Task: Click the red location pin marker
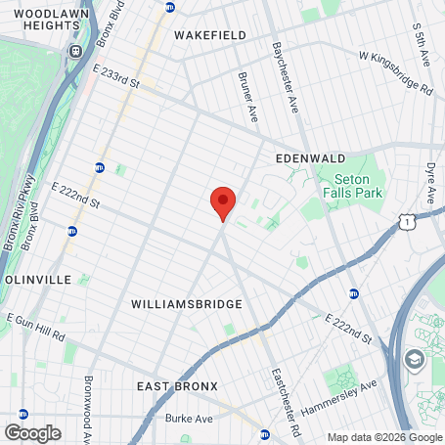(x=223, y=201)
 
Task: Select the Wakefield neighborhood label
(x=209, y=34)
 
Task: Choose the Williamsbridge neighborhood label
(x=186, y=304)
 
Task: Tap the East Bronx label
(x=177, y=387)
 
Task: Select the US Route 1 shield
(x=405, y=223)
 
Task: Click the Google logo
(x=32, y=432)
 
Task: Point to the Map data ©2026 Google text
(x=384, y=437)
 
